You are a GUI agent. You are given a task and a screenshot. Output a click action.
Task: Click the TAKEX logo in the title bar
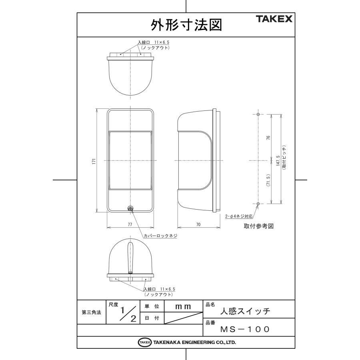[274, 19]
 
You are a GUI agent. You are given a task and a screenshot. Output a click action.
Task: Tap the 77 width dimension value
[130, 225]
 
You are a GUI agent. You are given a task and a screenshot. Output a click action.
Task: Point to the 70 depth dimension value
[198, 225]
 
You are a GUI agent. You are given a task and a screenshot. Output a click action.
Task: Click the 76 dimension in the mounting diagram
[268, 138]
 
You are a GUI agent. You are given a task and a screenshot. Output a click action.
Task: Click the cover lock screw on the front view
[130, 208]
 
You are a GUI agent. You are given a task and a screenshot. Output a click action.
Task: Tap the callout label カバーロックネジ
[160, 236]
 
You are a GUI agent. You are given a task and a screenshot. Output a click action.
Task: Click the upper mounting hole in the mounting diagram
[258, 115]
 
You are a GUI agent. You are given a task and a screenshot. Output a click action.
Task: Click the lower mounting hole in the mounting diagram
[258, 204]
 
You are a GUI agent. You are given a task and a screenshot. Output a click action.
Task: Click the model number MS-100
[245, 329]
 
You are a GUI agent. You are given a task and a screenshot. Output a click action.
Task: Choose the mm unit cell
[184, 307]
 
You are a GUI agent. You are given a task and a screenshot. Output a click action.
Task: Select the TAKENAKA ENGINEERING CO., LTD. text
[192, 342]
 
